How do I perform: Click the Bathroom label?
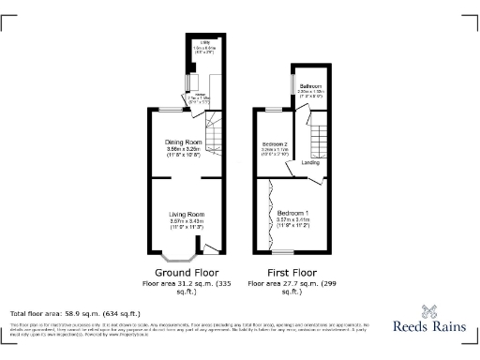(x=311, y=85)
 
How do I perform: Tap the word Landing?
(x=309, y=163)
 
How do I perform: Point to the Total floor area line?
(x=75, y=313)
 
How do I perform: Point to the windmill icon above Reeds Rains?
(x=432, y=311)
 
